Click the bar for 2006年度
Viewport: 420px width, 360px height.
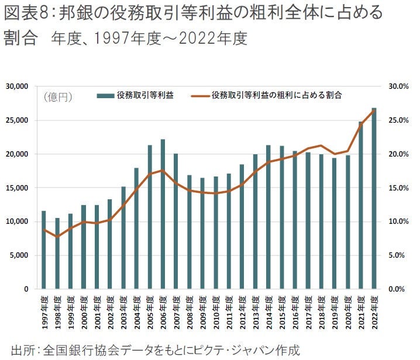[x=163, y=214]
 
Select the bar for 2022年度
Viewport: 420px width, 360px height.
[x=374, y=199]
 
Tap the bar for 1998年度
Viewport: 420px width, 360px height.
[x=57, y=254]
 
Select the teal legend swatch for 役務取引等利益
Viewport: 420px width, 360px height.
[x=105, y=95]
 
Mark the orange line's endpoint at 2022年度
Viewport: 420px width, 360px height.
[x=374, y=111]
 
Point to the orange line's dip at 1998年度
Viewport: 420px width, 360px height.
[x=57, y=237]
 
